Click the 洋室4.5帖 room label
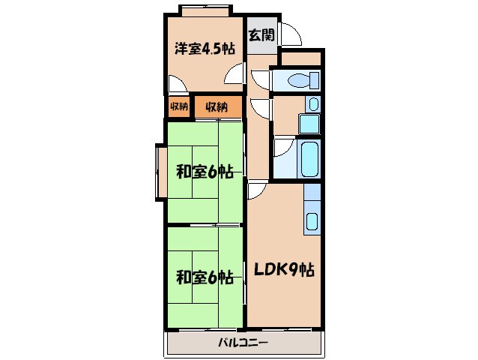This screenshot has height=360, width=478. [205, 49]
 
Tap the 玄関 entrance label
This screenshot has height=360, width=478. [261, 34]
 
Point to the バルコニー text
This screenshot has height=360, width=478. [244, 343]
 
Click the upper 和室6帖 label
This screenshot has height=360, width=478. [205, 172]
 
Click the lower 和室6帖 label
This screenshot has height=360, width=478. [205, 276]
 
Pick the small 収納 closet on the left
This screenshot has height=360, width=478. [178, 106]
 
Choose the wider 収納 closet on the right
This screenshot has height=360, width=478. [217, 106]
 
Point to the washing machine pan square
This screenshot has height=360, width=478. [309, 123]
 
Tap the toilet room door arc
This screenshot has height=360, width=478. [259, 77]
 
